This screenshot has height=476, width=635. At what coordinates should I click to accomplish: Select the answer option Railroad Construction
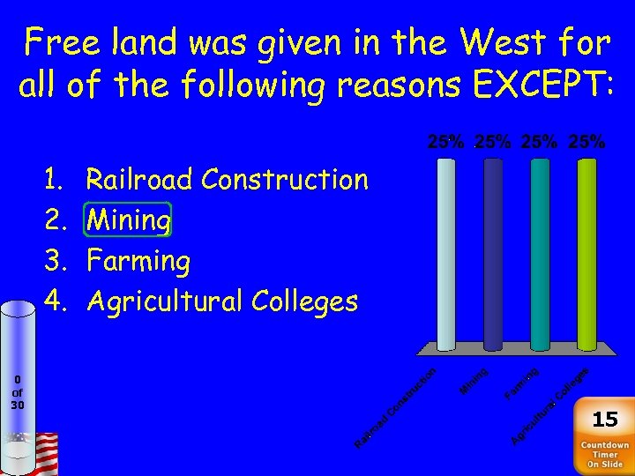pos(227,180)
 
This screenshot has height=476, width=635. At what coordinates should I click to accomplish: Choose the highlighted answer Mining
pos(128,220)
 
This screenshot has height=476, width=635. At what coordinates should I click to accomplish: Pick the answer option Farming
pos(138,261)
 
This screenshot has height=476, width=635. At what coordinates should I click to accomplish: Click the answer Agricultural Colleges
pos(221,301)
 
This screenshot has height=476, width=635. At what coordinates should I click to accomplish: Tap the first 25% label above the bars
pos(447,141)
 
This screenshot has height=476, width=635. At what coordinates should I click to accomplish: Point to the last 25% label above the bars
pos(587,141)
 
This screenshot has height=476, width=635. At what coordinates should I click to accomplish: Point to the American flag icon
pos(43,453)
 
